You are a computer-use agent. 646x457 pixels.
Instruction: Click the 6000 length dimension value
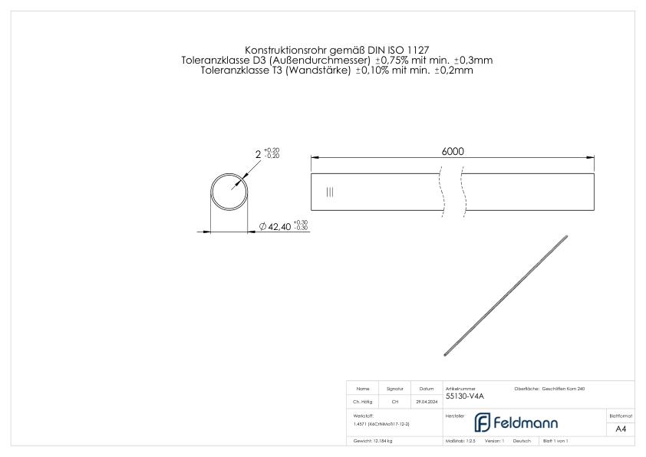453,151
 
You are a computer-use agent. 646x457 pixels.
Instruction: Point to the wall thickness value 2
258,154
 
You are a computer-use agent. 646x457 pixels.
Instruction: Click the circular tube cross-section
232,192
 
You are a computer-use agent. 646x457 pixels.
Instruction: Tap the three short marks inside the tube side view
330,192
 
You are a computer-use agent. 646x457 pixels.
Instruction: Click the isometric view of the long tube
506,295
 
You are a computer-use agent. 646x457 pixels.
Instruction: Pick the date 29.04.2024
427,401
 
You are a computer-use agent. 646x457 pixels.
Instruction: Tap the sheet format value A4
621,429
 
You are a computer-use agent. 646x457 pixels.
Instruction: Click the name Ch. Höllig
364,401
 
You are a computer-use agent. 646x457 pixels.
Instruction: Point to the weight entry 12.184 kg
374,441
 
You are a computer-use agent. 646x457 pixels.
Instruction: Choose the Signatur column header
395,389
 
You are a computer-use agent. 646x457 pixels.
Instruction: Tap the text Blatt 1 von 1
556,441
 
